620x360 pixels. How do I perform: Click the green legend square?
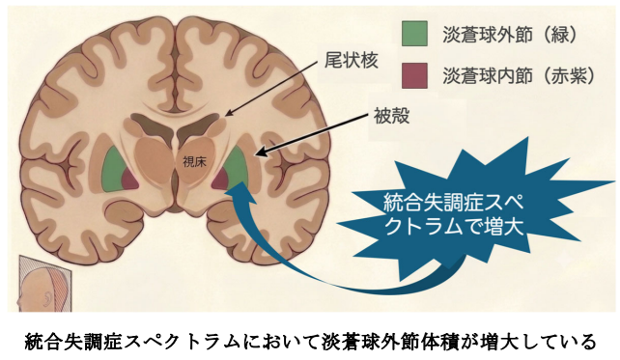pos(414,34)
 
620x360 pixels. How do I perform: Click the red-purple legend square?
pos(414,75)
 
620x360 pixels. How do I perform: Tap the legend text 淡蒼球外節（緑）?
pos(510,35)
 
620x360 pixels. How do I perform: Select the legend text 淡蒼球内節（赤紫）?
pos(519,75)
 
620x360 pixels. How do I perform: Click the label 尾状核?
pos(352,61)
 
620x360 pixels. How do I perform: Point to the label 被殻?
pos(391,116)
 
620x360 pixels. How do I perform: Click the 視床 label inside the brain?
pos(194,161)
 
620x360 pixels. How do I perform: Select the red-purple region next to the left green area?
pos(129,180)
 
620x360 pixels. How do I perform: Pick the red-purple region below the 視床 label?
pos(220,180)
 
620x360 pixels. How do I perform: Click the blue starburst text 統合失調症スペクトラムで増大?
pos(454,215)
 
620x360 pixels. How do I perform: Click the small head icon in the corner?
pos(44,284)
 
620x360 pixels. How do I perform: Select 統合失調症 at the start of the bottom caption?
pos(73,342)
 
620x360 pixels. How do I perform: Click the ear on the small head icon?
pos(48,297)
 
